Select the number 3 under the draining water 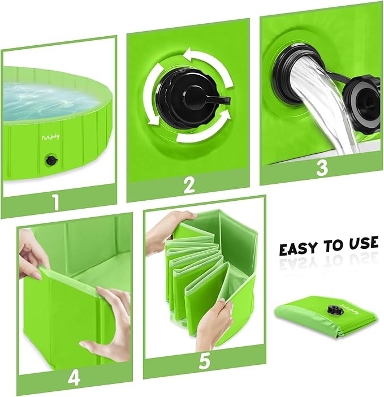point(321,169)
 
